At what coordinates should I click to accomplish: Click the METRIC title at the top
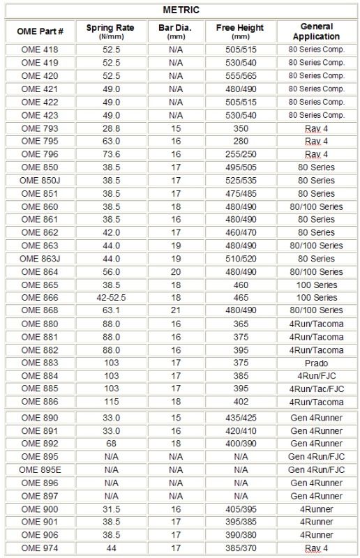[x=181, y=10]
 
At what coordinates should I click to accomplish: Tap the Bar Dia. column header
[x=176, y=31]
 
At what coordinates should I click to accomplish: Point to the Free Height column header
[x=241, y=31]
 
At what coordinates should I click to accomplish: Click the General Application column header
[x=316, y=31]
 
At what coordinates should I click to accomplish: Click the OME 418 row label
[x=40, y=50]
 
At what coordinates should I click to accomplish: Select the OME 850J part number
[x=40, y=180]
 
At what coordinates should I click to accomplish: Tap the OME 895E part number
[x=40, y=470]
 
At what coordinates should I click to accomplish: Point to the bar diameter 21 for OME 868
[x=176, y=310]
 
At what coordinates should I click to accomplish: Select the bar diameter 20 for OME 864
[x=176, y=271]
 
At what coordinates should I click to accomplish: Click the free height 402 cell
[x=241, y=401]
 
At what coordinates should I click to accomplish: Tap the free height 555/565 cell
[x=241, y=76]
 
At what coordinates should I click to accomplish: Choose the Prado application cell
[x=316, y=363]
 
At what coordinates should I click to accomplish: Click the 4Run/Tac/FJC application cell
[x=316, y=389]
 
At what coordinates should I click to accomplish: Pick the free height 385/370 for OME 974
[x=241, y=548]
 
